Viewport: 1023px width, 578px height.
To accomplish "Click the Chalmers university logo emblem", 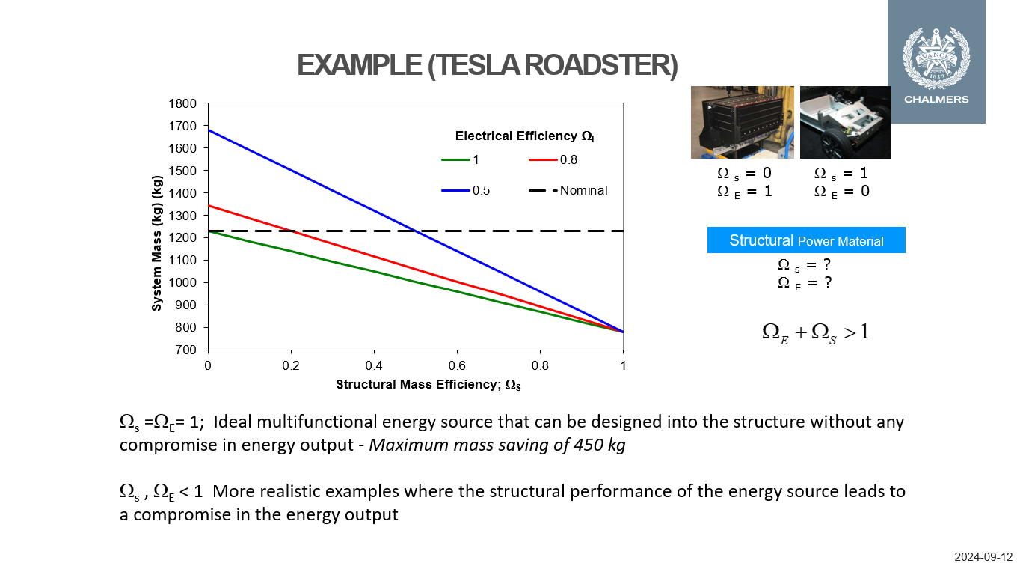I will (x=936, y=56).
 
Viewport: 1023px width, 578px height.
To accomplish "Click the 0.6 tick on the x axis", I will (x=457, y=365).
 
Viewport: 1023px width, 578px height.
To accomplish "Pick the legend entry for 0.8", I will (x=553, y=159).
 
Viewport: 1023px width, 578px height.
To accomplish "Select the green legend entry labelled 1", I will (x=459, y=159).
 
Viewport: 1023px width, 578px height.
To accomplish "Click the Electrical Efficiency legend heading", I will (x=526, y=136).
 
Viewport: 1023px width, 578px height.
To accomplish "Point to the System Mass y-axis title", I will (x=157, y=243).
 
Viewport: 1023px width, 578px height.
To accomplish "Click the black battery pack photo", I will (x=742, y=122).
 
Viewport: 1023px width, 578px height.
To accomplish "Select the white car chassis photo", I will (x=845, y=122).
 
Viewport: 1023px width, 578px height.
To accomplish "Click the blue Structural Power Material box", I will (x=806, y=240).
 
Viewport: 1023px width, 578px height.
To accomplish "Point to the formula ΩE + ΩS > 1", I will (x=814, y=332).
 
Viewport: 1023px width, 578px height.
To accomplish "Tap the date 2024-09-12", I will (x=983, y=557).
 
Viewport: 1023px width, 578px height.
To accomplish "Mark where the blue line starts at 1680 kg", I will (x=208, y=130).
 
